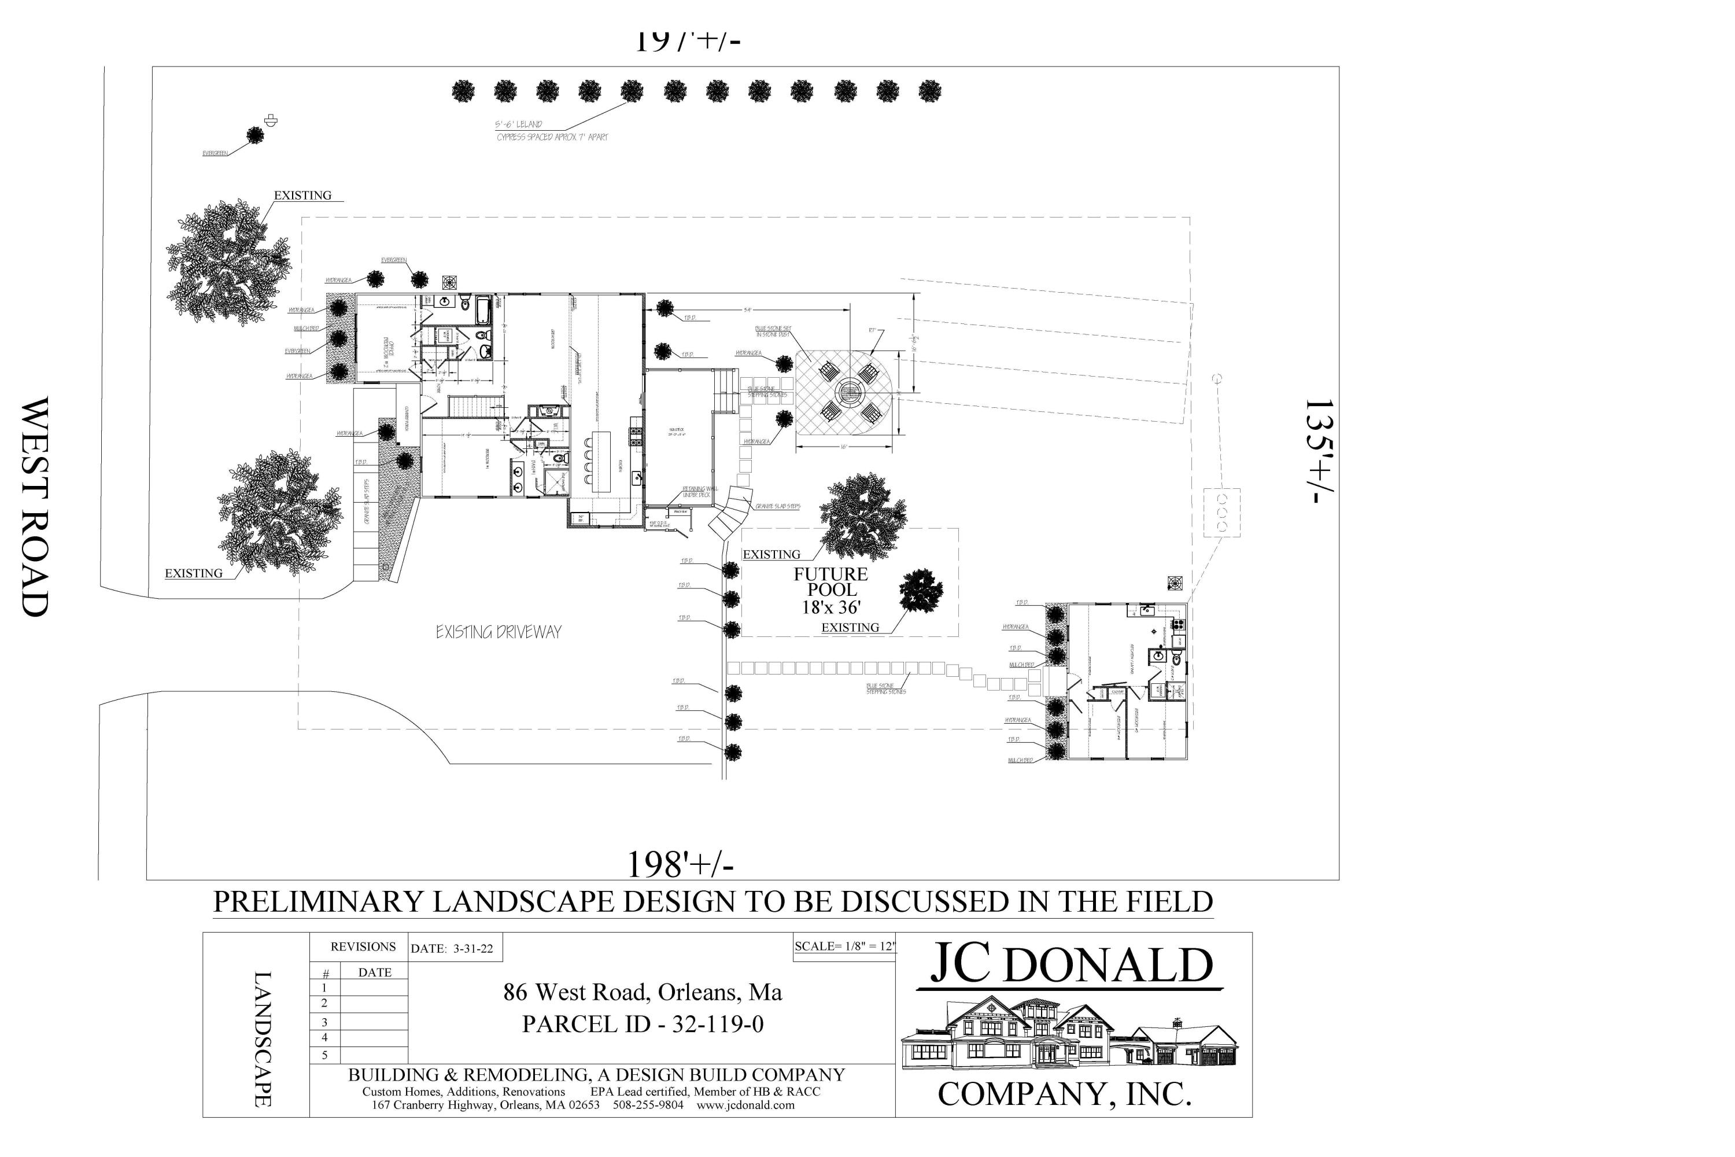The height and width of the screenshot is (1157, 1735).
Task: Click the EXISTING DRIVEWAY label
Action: pos(498,632)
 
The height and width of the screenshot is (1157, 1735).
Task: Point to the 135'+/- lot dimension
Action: pos(1319,452)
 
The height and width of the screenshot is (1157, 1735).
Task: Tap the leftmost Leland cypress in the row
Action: pos(463,91)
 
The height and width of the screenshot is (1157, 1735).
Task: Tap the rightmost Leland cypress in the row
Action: pos(929,91)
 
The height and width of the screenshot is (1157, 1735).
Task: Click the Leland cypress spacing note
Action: pos(552,131)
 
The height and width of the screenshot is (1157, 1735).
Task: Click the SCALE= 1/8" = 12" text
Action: pos(844,946)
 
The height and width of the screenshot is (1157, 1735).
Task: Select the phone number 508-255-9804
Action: pos(648,1106)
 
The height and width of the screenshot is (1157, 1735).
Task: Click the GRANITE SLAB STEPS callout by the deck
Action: pos(777,507)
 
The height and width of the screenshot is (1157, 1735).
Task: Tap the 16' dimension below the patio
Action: pos(843,447)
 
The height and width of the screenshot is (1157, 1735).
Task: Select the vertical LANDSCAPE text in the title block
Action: pos(263,1039)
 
